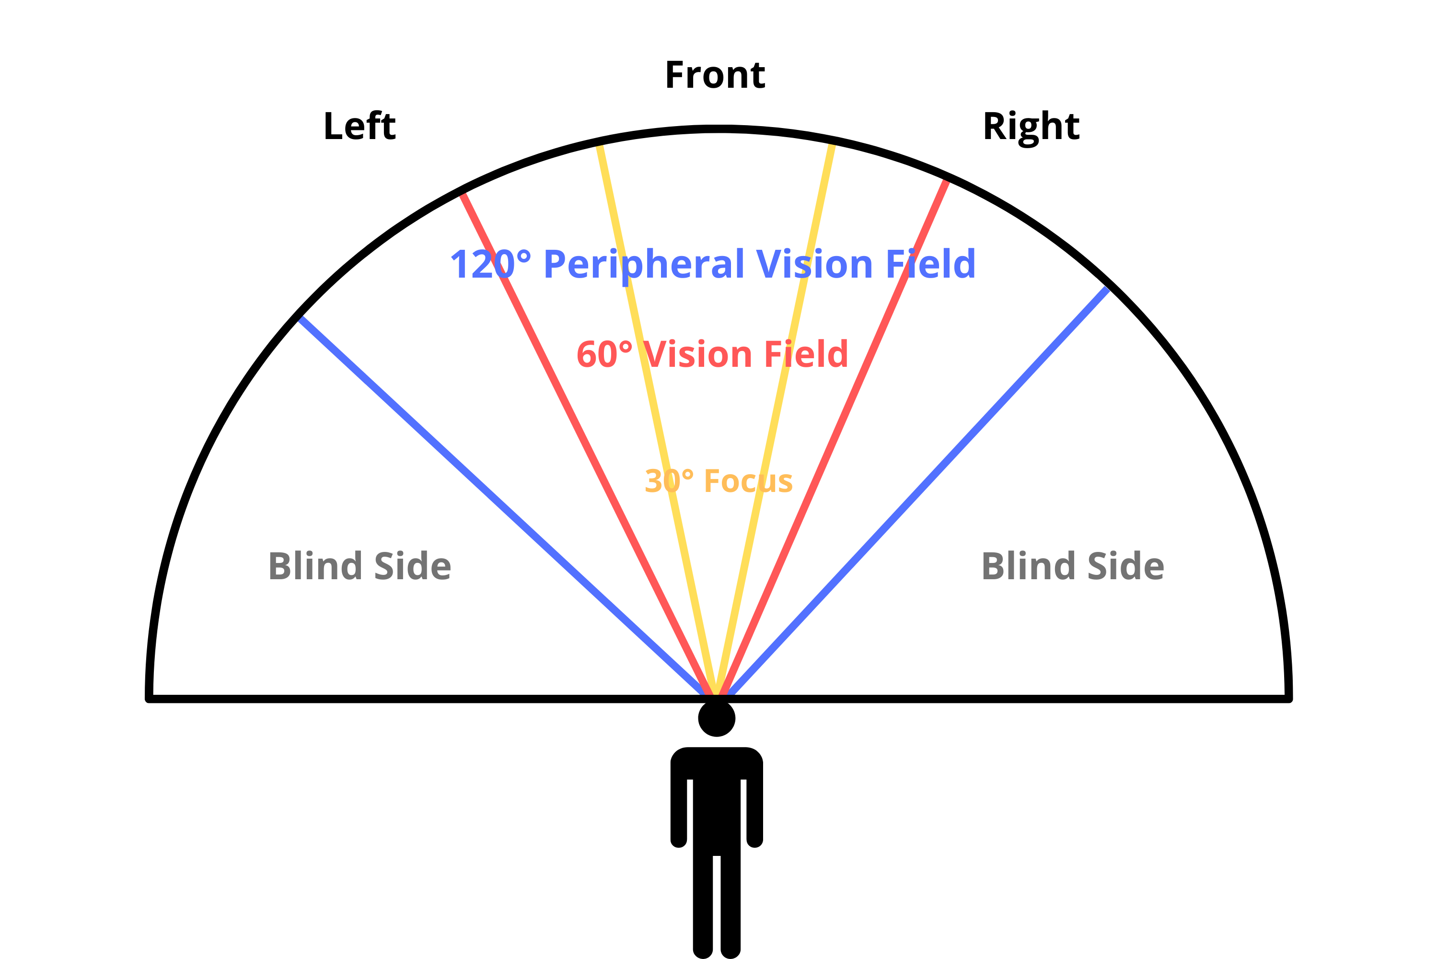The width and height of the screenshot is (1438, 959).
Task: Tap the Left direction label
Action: click(359, 127)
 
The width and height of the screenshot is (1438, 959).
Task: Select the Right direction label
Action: click(1031, 127)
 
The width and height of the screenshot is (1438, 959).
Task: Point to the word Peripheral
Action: click(643, 264)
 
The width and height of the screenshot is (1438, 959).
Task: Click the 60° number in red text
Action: click(604, 355)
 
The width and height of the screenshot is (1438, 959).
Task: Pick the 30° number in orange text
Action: click(669, 481)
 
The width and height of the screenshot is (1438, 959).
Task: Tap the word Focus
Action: click(748, 481)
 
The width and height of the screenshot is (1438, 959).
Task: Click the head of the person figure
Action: click(717, 719)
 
